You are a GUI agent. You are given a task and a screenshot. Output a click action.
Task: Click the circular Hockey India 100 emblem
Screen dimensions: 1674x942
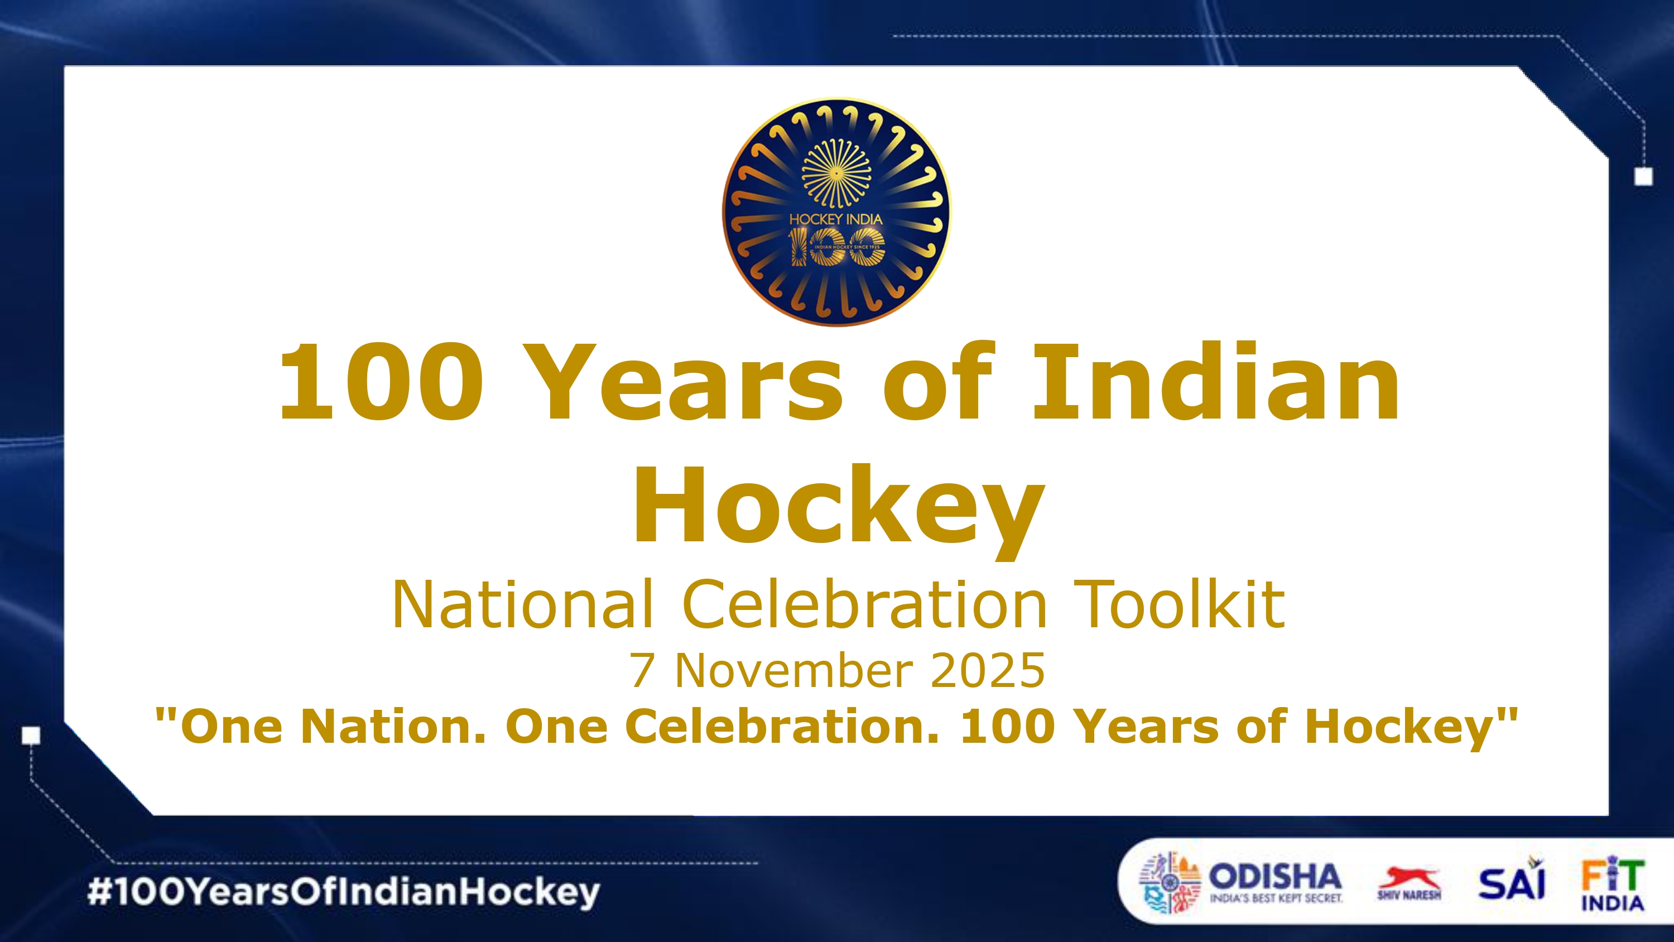(x=836, y=212)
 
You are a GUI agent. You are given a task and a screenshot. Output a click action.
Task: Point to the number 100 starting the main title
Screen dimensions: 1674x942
(x=382, y=383)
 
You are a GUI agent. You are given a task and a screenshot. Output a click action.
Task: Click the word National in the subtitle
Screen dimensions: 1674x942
(x=522, y=604)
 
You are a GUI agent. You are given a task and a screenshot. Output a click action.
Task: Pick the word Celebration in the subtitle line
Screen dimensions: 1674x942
(x=865, y=604)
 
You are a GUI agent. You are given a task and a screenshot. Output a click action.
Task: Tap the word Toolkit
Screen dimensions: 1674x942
(x=1180, y=604)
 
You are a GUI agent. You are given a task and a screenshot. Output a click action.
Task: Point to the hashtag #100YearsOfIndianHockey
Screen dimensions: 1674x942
(x=344, y=892)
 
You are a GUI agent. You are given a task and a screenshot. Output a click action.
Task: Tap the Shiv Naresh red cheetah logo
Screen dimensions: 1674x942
(x=1409, y=883)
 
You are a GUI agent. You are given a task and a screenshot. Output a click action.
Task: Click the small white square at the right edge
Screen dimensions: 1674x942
(x=1643, y=176)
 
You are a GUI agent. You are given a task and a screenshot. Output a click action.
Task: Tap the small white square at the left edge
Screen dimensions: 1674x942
(x=31, y=736)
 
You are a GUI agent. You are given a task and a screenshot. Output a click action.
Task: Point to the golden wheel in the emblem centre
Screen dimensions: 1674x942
(x=836, y=174)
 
